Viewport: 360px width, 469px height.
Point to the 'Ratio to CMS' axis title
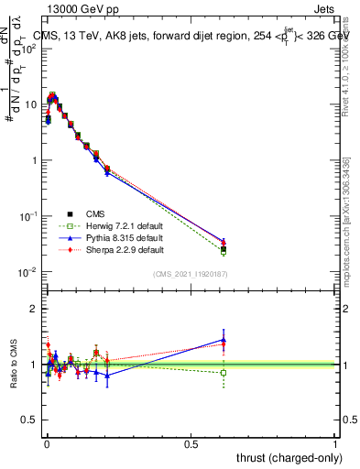tap(13, 363)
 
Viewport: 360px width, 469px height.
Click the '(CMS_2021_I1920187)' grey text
tap(189, 274)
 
